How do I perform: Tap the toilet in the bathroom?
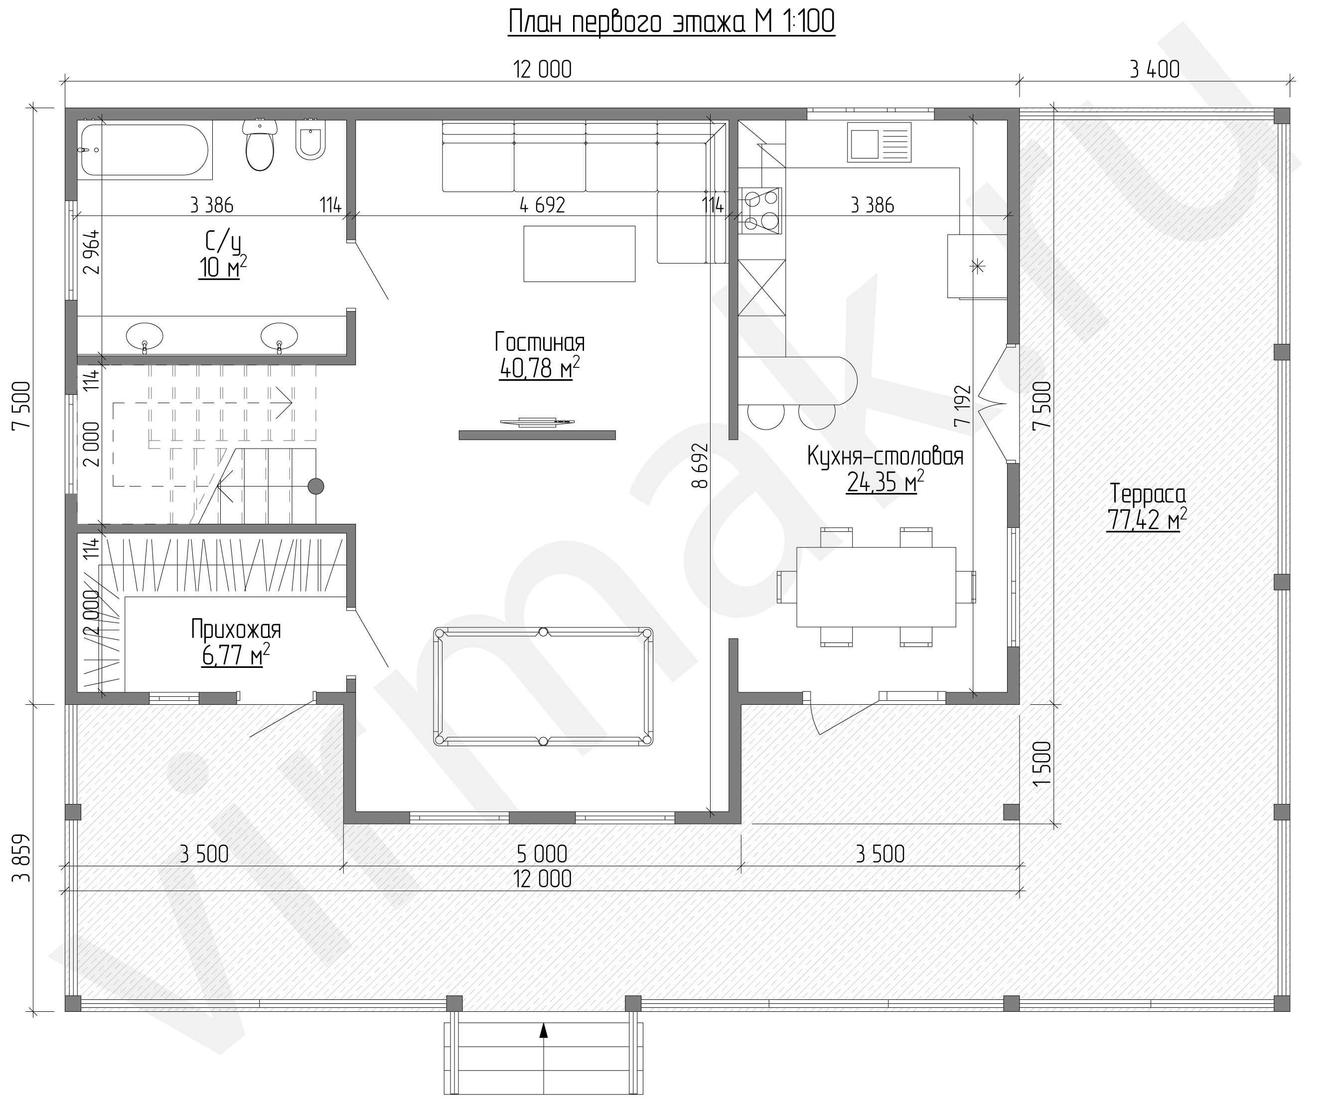tap(260, 145)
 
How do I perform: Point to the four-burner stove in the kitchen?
tap(760, 211)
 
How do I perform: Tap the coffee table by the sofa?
tap(579, 254)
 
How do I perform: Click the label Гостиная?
tap(540, 342)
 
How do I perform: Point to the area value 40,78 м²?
tap(540, 368)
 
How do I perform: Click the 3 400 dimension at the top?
tap(1155, 69)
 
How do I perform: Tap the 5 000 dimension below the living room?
tap(542, 854)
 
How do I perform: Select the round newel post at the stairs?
tap(316, 486)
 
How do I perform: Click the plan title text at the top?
tap(671, 22)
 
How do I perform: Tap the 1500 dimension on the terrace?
tap(1042, 763)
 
